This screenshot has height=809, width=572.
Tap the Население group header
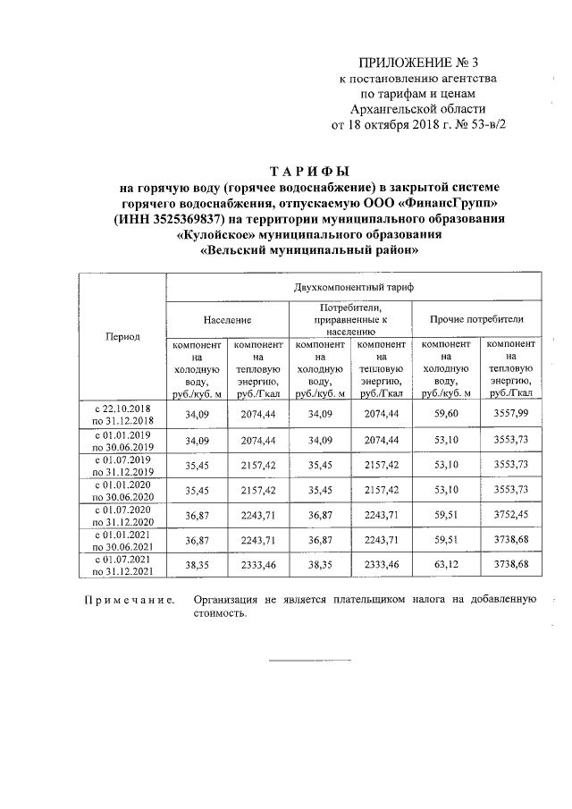227,318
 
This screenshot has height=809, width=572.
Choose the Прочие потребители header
476,318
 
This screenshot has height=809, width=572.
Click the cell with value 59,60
446,414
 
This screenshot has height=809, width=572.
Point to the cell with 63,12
446,566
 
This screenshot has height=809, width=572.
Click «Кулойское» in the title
213,235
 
